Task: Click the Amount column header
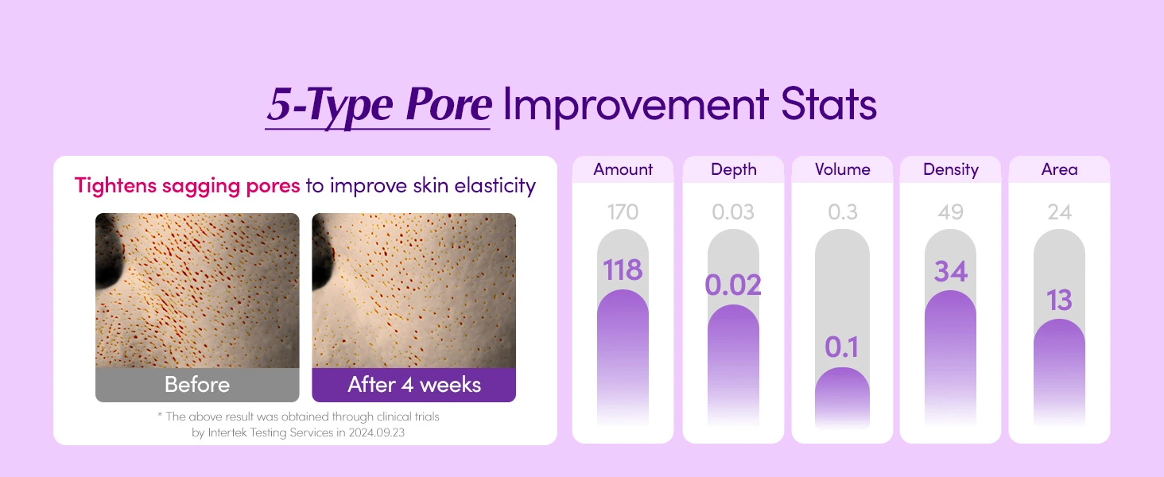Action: (623, 169)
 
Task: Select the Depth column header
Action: (733, 170)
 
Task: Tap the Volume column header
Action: (842, 169)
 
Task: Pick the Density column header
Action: (950, 170)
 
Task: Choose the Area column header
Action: (1059, 169)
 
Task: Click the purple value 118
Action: (623, 270)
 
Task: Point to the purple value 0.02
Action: (733, 285)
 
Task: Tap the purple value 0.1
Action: (842, 347)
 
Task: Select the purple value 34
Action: (950, 272)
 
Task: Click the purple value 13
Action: (1059, 301)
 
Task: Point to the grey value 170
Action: (623, 212)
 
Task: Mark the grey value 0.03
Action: (733, 212)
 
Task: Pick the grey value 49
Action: (950, 212)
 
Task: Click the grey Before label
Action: (197, 385)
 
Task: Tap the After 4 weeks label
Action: (414, 385)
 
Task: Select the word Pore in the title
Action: (448, 105)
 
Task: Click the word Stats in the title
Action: (828, 104)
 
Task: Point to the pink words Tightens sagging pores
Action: (187, 186)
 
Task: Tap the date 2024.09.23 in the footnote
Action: (376, 432)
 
